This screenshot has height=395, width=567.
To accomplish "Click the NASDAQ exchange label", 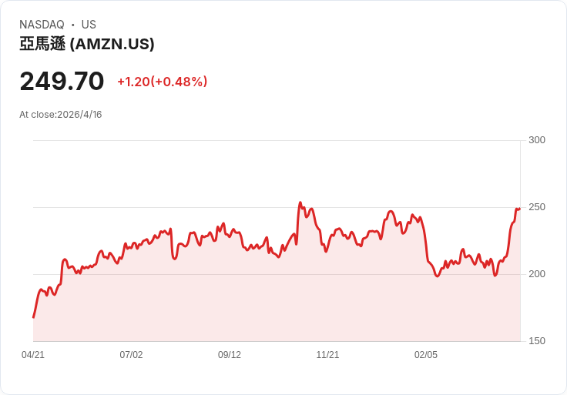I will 42,25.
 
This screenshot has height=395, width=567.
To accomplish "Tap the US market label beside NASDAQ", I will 89,25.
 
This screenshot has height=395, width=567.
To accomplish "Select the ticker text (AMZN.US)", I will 112,45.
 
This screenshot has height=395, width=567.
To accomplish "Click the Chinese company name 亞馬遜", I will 42,45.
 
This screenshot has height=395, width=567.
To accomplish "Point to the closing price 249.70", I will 62,81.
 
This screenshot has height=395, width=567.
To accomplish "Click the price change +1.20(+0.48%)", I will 162,82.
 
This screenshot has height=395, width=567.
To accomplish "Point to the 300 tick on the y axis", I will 537,140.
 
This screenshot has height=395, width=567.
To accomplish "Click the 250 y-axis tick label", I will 537,207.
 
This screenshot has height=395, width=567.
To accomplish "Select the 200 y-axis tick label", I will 537,274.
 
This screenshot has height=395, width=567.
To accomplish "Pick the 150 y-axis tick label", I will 537,341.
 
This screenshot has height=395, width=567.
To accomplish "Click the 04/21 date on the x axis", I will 33,355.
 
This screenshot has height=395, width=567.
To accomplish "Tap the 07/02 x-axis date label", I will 131,355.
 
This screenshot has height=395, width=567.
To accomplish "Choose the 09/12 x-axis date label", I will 230,355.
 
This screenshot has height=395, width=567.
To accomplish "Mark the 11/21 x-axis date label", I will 327,355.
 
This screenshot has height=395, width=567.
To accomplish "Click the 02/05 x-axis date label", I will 426,355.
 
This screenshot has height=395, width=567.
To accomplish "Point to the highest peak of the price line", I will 300,203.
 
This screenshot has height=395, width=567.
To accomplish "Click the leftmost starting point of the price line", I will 33,317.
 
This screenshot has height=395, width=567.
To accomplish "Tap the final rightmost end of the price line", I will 520,208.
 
